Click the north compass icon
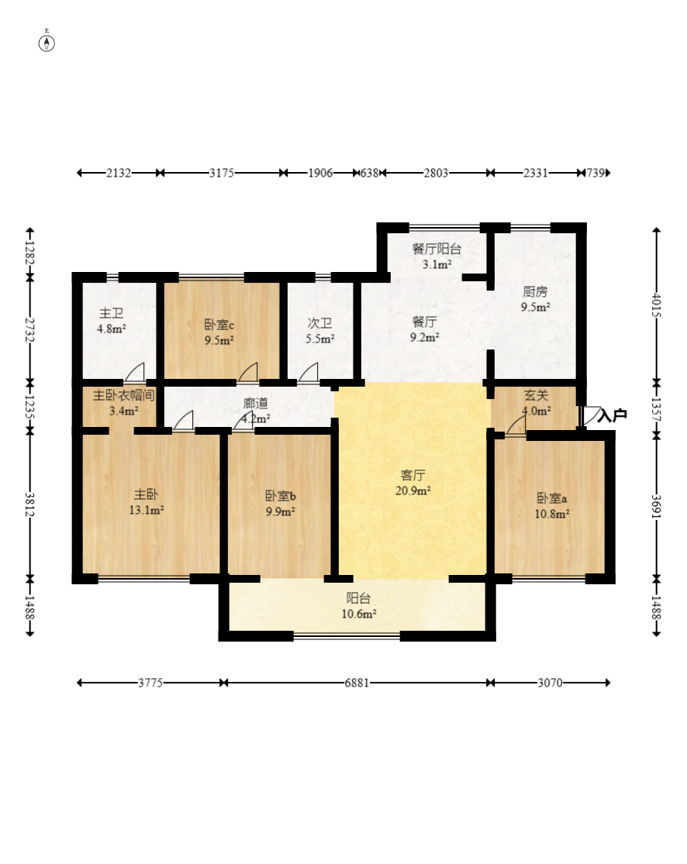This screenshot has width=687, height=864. click(47, 42)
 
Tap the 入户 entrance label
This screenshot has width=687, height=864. click(612, 415)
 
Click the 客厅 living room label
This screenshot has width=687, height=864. click(413, 475)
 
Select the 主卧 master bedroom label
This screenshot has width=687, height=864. click(146, 495)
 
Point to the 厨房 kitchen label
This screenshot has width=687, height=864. click(535, 292)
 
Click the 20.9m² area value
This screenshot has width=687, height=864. click(413, 491)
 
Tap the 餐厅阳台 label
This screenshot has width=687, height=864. click(437, 249)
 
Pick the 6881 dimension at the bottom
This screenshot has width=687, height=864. click(357, 683)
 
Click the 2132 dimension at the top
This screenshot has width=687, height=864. click(119, 173)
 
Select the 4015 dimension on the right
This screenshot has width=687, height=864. click(656, 305)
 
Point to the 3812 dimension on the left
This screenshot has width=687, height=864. click(29, 504)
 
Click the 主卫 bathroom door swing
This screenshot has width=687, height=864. click(135, 372)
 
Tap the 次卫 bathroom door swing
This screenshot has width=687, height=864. click(309, 372)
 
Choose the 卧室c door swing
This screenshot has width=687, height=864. click(248, 372)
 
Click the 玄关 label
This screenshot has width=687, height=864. click(536, 396)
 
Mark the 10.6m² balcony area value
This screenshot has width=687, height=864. click(359, 614)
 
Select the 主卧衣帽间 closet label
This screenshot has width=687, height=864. click(123, 396)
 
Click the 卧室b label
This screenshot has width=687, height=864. click(280, 497)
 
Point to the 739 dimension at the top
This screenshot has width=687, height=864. click(596, 173)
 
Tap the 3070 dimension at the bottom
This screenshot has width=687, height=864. click(550, 683)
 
